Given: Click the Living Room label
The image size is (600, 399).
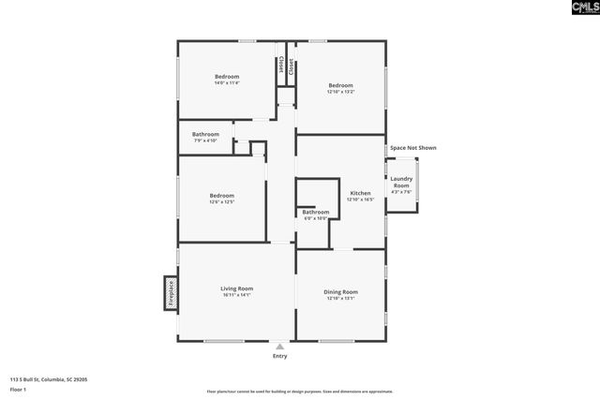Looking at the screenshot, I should click(236, 288).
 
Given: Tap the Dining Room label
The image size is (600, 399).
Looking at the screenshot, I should click(340, 291).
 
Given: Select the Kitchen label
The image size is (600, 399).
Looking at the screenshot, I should click(360, 193).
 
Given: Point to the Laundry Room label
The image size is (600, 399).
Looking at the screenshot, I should click(401, 182).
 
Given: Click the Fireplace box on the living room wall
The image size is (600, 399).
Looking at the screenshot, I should click(171, 291).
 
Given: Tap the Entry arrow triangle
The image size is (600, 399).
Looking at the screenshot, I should click(279, 346).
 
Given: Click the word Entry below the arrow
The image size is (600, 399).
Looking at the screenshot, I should click(279, 356).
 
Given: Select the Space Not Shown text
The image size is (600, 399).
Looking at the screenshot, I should click(412, 148).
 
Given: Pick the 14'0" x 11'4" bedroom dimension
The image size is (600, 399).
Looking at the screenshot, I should click(227, 83).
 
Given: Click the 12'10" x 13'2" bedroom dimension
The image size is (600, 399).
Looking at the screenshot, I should click(340, 92).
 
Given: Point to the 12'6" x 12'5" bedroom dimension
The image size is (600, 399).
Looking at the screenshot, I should click(222, 201).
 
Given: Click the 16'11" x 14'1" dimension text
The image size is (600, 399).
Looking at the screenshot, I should click(236, 295).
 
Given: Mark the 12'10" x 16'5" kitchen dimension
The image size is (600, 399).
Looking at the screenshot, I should click(360, 199).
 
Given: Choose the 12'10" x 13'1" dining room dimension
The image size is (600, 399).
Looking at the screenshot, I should click(340, 299).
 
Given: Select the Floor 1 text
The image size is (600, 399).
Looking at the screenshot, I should click(18, 388).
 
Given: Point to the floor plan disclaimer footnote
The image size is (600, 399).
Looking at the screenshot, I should click(299, 392).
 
